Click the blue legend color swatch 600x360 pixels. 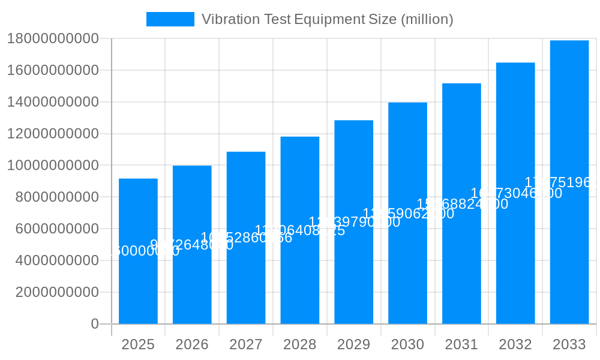coord(170,19)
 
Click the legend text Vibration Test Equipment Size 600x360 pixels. coord(327,19)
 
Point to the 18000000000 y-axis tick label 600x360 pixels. coord(53,39)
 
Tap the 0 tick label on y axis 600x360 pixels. coord(94,324)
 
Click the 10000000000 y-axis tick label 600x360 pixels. coord(53,166)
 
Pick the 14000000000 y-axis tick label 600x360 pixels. coord(53,102)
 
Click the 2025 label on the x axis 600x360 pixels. coord(138,344)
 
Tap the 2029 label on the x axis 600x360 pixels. coord(354,344)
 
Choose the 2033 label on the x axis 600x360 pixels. coord(569,344)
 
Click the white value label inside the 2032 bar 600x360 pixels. coord(516,193)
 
